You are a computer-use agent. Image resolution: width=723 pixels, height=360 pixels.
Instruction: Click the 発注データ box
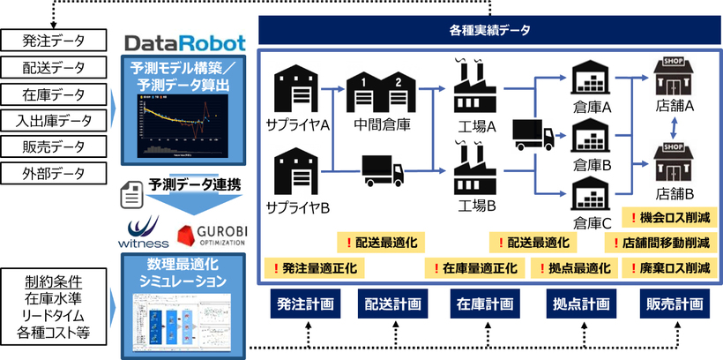[55, 40]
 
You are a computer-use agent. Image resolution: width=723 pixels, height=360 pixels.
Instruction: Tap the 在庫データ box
[55, 93]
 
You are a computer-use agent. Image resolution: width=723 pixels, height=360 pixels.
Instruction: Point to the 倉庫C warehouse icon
[593, 191]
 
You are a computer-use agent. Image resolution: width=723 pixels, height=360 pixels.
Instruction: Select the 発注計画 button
[305, 304]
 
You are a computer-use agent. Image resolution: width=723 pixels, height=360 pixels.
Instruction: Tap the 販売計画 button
[674, 304]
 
